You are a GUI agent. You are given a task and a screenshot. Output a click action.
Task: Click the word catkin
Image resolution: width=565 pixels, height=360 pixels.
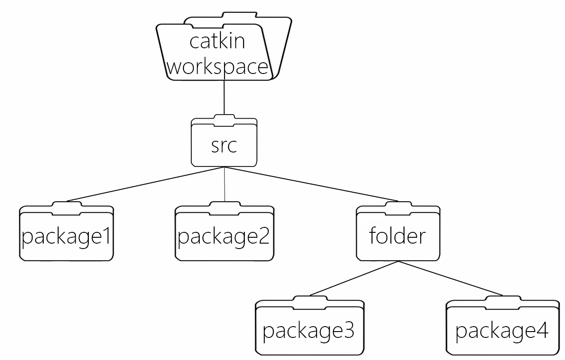[x=217, y=42]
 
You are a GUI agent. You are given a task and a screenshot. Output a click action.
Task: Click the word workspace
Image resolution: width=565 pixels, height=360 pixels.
[x=217, y=67]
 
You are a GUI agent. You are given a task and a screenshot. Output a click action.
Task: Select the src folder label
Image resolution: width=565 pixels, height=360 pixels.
[x=224, y=146]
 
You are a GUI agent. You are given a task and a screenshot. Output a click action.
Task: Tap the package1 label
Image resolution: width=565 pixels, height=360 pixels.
[x=66, y=237]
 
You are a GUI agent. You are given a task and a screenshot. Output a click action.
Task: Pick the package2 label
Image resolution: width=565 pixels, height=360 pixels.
[x=224, y=237]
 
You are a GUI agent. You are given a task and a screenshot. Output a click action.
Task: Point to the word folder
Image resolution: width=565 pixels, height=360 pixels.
[x=398, y=235]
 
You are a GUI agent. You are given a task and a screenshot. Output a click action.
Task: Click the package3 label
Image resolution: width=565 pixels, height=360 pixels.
[x=309, y=331]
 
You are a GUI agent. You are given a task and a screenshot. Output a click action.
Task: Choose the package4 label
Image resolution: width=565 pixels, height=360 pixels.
[x=502, y=331]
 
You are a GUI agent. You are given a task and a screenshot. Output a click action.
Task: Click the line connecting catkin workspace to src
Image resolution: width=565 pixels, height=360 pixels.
[x=224, y=97]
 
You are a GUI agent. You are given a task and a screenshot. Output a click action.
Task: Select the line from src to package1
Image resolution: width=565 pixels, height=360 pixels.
[x=146, y=184]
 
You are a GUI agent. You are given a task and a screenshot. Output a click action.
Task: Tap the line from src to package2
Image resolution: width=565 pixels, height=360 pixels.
[x=225, y=184]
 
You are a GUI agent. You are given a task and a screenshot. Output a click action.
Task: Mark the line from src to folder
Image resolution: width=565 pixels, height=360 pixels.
[x=311, y=184]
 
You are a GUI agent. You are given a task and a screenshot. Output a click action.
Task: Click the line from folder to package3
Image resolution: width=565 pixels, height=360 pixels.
[x=354, y=278]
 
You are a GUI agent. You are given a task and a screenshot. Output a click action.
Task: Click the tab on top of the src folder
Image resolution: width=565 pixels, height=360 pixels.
[x=224, y=120]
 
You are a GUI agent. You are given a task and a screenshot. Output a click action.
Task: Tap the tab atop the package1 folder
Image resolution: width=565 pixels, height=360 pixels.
[x=67, y=208]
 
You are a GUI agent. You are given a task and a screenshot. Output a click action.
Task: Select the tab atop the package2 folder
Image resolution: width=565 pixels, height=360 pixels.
[x=225, y=208]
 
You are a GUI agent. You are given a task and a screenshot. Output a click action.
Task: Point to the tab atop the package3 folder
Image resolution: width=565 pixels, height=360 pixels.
[x=310, y=302]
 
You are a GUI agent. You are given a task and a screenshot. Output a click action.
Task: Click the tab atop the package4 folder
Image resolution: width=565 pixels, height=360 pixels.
[x=503, y=302]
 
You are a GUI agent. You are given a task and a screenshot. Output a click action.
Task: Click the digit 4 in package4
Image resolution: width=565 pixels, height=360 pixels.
[x=542, y=329]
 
